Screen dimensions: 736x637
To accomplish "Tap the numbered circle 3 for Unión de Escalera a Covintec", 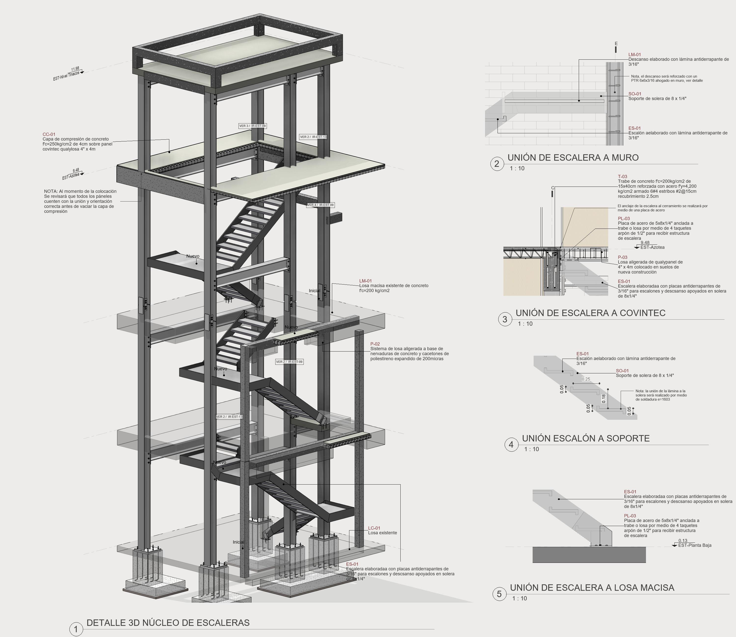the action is click(x=505, y=319).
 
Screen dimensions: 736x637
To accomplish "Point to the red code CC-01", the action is click(x=49, y=134).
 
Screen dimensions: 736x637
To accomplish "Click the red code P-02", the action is click(x=375, y=344).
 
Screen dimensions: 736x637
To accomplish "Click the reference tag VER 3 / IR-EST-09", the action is click(x=252, y=126).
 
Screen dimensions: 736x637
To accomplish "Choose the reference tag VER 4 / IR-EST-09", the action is click(x=320, y=205).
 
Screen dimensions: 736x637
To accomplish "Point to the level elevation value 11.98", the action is click(x=75, y=69).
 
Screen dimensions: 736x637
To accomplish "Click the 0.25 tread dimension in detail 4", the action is click(x=586, y=379).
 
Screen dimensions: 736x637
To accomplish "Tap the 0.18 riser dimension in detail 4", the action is click(x=604, y=399).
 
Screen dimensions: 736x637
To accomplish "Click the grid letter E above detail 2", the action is click(x=616, y=44).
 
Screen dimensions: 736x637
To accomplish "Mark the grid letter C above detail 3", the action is click(x=553, y=188).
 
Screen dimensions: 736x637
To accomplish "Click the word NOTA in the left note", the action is click(x=50, y=191).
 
